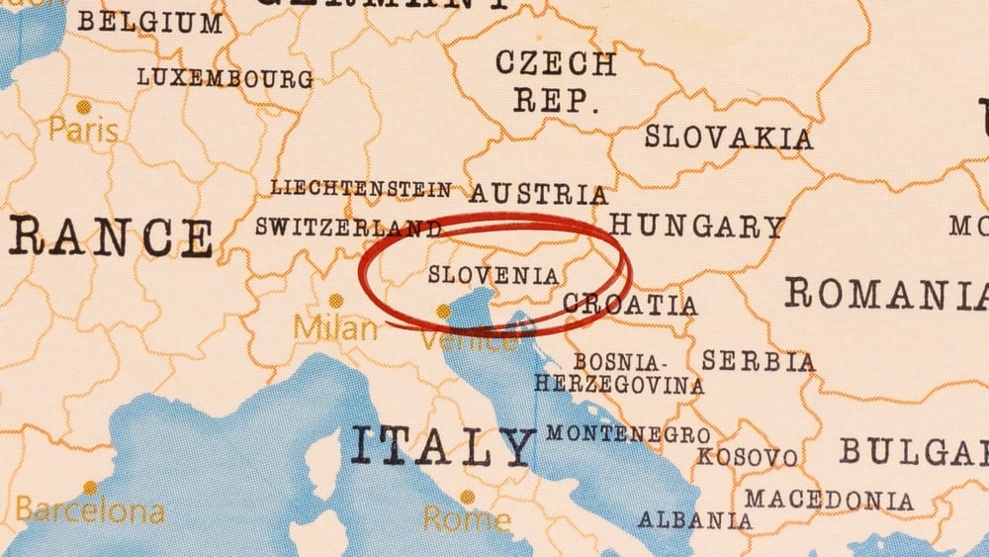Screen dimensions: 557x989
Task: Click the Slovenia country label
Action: click(494, 275)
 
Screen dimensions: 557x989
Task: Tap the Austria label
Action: click(538, 193)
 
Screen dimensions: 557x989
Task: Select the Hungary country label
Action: click(696, 227)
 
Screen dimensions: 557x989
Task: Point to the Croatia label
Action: click(630, 305)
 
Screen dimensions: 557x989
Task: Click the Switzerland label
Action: click(348, 227)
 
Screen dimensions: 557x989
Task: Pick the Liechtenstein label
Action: click(360, 188)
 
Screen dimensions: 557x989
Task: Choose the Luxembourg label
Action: click(225, 77)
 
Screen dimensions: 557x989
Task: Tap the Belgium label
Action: click(150, 22)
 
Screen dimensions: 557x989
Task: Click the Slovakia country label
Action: click(729, 138)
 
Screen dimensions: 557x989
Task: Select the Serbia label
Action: click(759, 361)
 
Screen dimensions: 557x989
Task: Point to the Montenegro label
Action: click(627, 434)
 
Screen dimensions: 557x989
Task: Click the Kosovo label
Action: click(747, 457)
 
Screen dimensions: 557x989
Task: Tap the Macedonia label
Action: click(829, 500)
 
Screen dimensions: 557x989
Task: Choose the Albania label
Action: click(694, 519)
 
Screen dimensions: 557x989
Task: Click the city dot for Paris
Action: click(84, 106)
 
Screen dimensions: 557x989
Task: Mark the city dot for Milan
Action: click(336, 300)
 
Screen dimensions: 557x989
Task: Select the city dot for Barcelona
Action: click(90, 488)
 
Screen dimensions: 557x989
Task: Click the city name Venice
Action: click(468, 341)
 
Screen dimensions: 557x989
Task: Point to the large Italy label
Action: click(442, 447)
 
